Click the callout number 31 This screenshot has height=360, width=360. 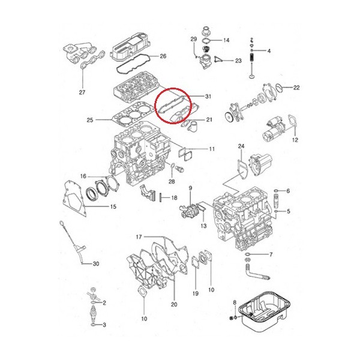click(x=208, y=96)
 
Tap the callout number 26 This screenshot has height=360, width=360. click(x=163, y=56)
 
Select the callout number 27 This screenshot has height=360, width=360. click(x=82, y=92)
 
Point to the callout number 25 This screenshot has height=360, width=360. click(x=90, y=120)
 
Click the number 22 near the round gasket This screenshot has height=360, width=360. click(x=296, y=88)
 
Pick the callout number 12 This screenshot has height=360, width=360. click(x=295, y=140)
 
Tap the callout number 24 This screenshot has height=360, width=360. click(x=241, y=146)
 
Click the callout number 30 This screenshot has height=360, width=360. click(x=96, y=263)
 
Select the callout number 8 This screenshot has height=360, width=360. click(x=235, y=302)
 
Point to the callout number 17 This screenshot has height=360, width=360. click(x=139, y=237)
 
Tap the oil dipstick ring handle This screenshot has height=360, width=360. click(x=61, y=223)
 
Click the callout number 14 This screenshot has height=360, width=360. click(x=226, y=40)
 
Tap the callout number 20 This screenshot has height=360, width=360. click(x=174, y=304)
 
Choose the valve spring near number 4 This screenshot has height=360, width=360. click(x=252, y=58)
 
